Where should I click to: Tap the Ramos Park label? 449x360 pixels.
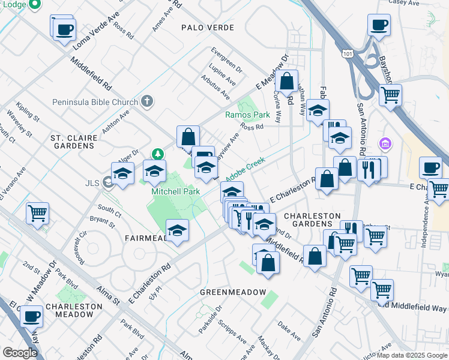247,115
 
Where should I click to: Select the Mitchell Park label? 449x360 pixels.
175,191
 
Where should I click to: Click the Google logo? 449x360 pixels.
20,352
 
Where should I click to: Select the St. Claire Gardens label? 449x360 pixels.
74,142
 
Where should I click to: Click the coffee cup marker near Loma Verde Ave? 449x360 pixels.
64,29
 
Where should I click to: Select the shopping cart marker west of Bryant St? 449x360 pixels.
38,212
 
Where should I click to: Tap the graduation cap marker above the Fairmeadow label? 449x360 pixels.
178,230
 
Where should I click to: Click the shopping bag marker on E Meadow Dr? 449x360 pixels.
288,80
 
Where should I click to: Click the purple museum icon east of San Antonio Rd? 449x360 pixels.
385,144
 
